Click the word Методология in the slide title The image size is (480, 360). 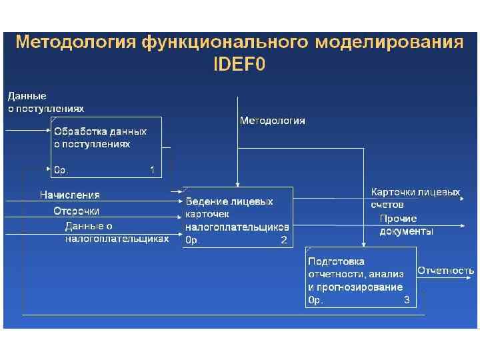point(75,43)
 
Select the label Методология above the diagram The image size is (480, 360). point(272,121)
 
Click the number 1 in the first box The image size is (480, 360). point(153,170)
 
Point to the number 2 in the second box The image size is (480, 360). point(284,240)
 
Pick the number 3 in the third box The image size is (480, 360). point(407,301)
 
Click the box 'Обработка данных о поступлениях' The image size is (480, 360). point(107,147)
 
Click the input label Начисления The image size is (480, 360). point(69,195)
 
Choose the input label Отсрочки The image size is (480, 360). point(77,211)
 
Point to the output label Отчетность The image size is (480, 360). point(446,271)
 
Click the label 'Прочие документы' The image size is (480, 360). point(406,225)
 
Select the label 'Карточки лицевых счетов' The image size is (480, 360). point(415,198)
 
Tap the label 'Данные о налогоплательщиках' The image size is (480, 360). point(116,232)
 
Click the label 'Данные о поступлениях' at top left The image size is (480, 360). point(46,102)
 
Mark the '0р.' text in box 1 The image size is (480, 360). point(61,170)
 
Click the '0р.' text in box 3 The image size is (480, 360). point(315,301)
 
